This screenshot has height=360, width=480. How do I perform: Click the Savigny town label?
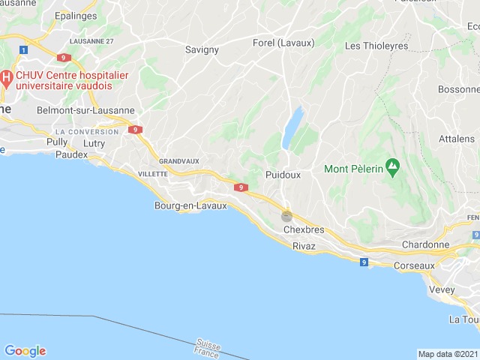(x=201, y=50)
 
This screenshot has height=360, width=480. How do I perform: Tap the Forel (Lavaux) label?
(x=284, y=43)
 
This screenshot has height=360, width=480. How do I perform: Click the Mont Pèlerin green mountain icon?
(x=391, y=166)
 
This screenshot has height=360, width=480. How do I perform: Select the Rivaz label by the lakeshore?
(x=304, y=246)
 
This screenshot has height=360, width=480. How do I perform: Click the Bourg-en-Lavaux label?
(x=190, y=205)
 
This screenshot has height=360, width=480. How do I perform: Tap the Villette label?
(x=153, y=173)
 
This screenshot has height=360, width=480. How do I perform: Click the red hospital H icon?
(x=5, y=77)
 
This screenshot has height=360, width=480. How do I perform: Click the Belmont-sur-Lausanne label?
(x=85, y=110)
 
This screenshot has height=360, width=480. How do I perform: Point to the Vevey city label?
(x=442, y=289)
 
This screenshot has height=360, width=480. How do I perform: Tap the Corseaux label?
(x=418, y=265)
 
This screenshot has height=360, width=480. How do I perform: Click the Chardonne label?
(x=425, y=245)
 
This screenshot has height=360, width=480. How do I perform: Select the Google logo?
(x=25, y=351)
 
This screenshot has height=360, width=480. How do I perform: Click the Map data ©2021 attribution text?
(x=447, y=354)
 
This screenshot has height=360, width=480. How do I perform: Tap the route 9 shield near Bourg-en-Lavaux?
(x=241, y=187)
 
